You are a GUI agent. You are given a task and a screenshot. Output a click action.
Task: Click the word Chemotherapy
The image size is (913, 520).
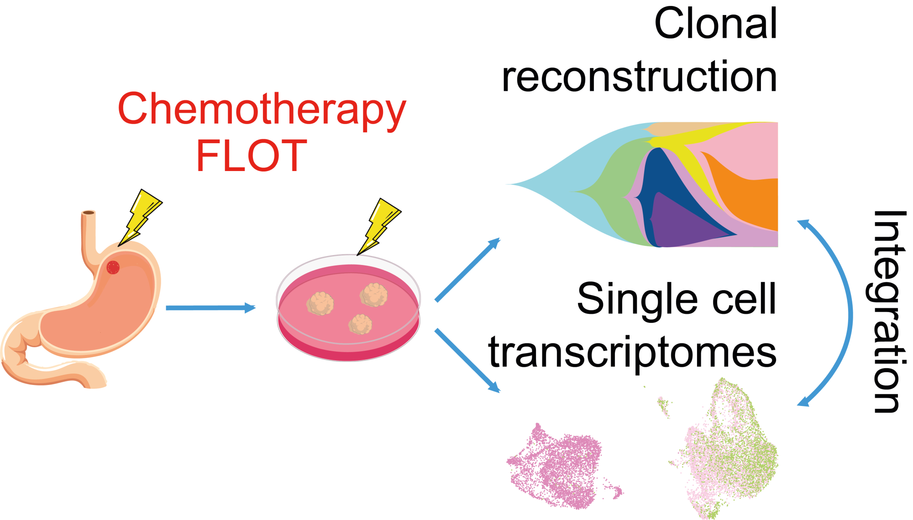[x=262, y=109]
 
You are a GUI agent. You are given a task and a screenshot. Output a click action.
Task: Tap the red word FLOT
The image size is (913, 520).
[x=252, y=156]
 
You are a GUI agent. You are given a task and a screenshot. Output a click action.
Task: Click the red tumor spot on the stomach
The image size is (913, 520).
[x=113, y=267]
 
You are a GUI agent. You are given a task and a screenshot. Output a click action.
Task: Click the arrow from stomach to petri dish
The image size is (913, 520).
[x=210, y=308]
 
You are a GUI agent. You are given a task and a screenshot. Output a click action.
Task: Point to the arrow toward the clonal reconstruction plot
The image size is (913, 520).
[x=468, y=270]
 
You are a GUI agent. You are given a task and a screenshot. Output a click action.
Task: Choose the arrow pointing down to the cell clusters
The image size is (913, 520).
[x=467, y=360]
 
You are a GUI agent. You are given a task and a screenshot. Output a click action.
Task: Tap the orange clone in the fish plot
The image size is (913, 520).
[x=749, y=201]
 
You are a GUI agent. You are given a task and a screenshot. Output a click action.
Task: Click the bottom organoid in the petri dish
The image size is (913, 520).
[x=360, y=324]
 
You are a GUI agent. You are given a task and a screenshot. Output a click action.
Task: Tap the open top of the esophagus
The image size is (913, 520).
[x=88, y=213]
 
